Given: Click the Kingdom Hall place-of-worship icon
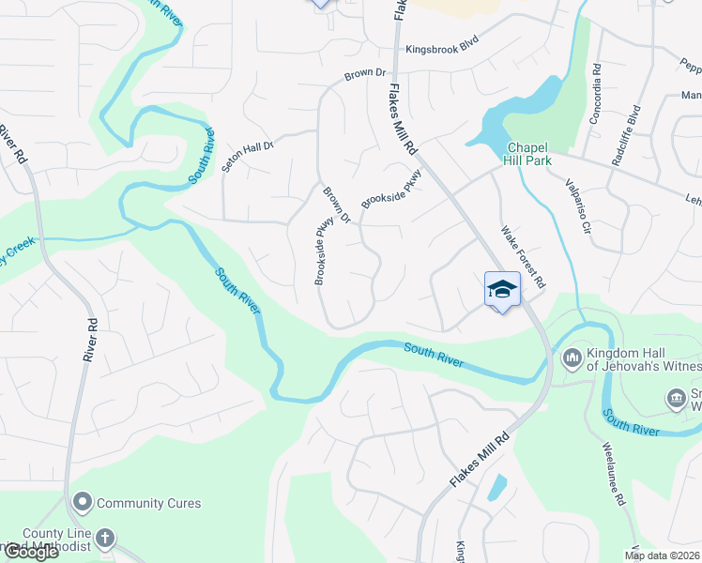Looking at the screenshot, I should click(572, 358).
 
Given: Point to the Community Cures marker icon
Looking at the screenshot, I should click(83, 503).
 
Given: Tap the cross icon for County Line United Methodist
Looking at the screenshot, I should click(105, 539).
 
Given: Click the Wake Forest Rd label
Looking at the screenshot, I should click(522, 256).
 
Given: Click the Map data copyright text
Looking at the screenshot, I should click(662, 555).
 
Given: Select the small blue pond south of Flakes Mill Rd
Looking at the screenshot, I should click(496, 487).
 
